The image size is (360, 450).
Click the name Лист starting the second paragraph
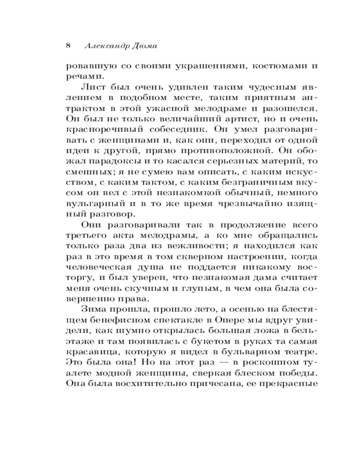[94, 88]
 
